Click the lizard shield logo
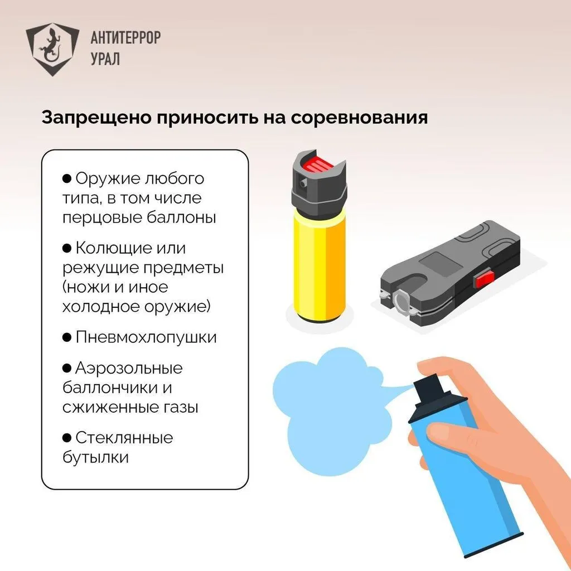[52, 49]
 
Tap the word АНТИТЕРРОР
[125, 37]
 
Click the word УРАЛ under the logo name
[105, 59]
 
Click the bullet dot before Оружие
[67, 178]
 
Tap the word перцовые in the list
[103, 218]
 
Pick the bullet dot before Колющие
[67, 248]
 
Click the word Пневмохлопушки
[146, 337]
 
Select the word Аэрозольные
[129, 369]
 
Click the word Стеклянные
[124, 438]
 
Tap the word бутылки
[95, 457]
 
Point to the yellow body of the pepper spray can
[320, 268]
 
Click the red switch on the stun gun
[483, 278]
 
